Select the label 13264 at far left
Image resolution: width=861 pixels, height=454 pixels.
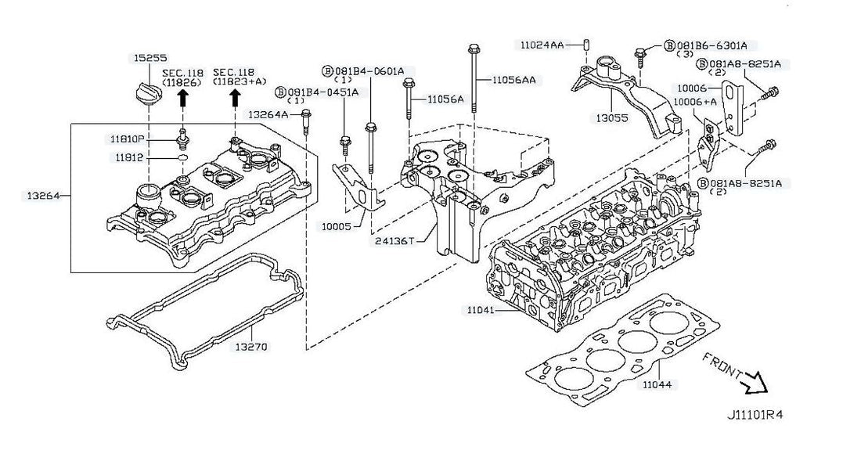click(x=36, y=194)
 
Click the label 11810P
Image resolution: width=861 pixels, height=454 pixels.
click(x=127, y=139)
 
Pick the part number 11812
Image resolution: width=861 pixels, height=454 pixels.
click(x=129, y=157)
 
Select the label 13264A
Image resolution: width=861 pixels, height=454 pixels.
click(x=267, y=114)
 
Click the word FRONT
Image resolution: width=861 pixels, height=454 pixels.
click(x=722, y=364)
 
